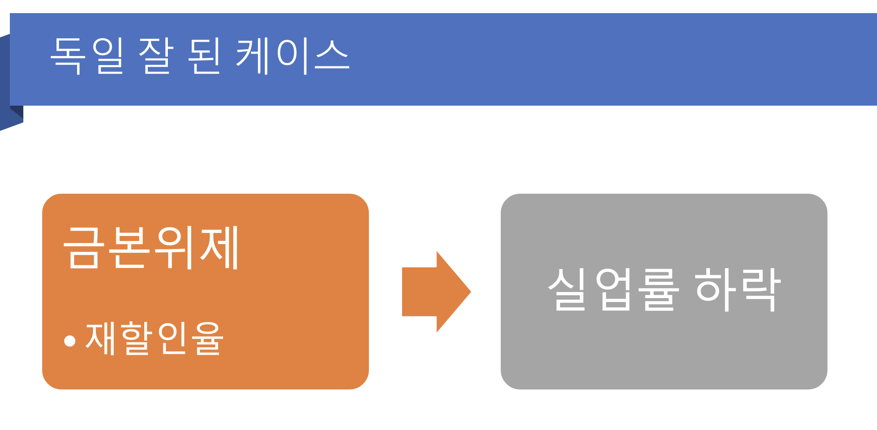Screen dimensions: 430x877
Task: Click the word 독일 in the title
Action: click(87, 56)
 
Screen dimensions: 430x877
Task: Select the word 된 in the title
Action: click(204, 56)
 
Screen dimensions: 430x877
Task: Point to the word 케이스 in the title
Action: click(292, 57)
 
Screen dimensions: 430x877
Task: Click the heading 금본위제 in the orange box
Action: click(151, 247)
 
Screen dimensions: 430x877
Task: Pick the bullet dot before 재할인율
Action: click(70, 341)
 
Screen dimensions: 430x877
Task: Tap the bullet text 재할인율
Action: click(154, 338)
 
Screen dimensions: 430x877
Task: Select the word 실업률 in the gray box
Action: click(613, 290)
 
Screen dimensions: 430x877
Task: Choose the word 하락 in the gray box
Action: click(738, 290)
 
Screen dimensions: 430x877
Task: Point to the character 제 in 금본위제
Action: click(219, 247)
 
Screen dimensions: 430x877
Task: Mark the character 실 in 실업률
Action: click(567, 290)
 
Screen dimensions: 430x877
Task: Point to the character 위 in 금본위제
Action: click(174, 247)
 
